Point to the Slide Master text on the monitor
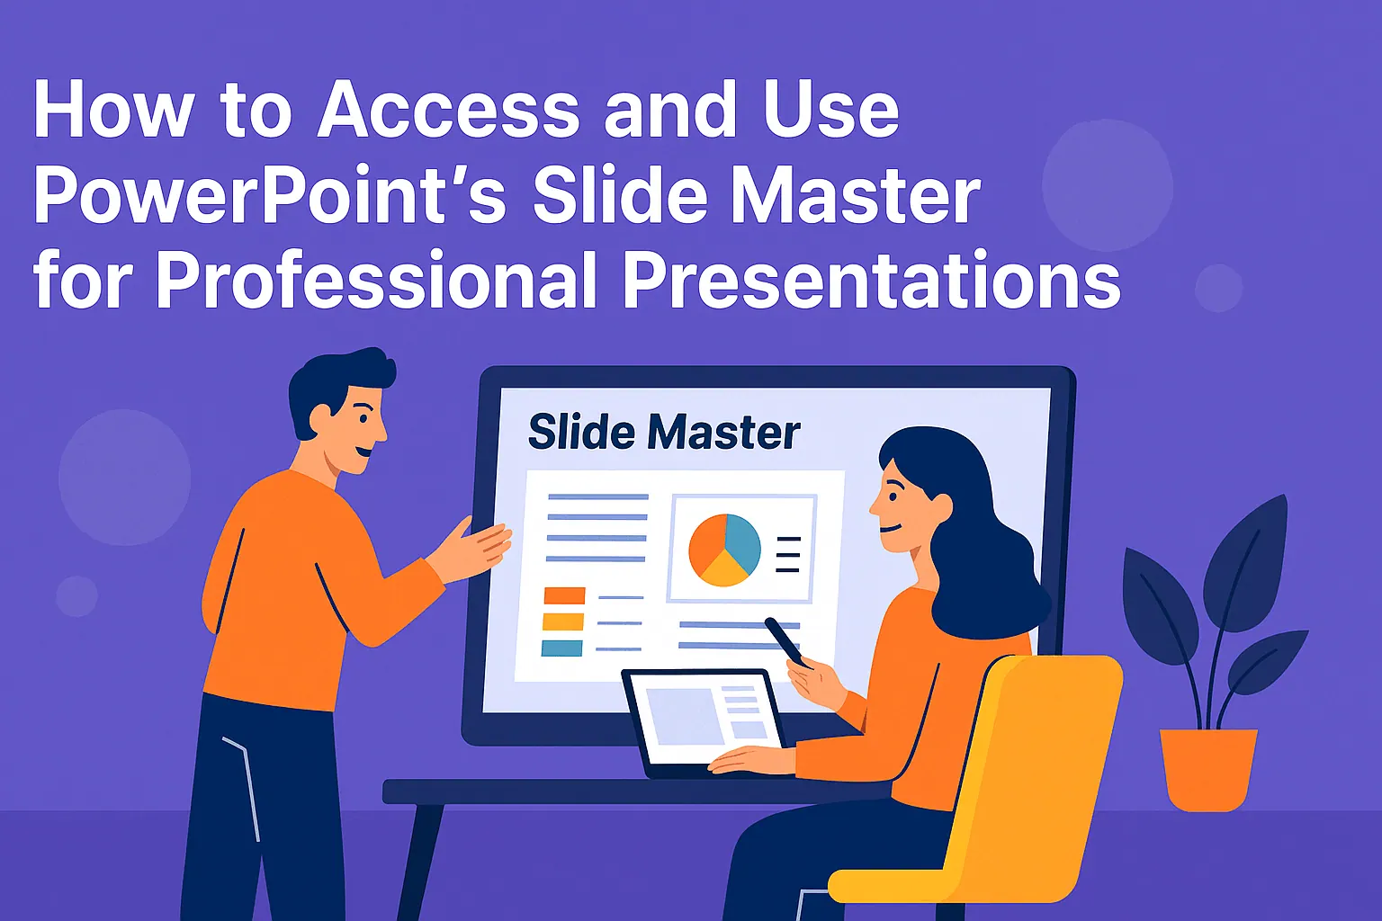(663, 433)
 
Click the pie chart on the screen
(724, 550)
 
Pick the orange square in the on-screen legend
(564, 595)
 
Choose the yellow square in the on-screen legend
(563, 621)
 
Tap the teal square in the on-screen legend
(561, 648)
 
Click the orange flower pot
(1207, 767)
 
